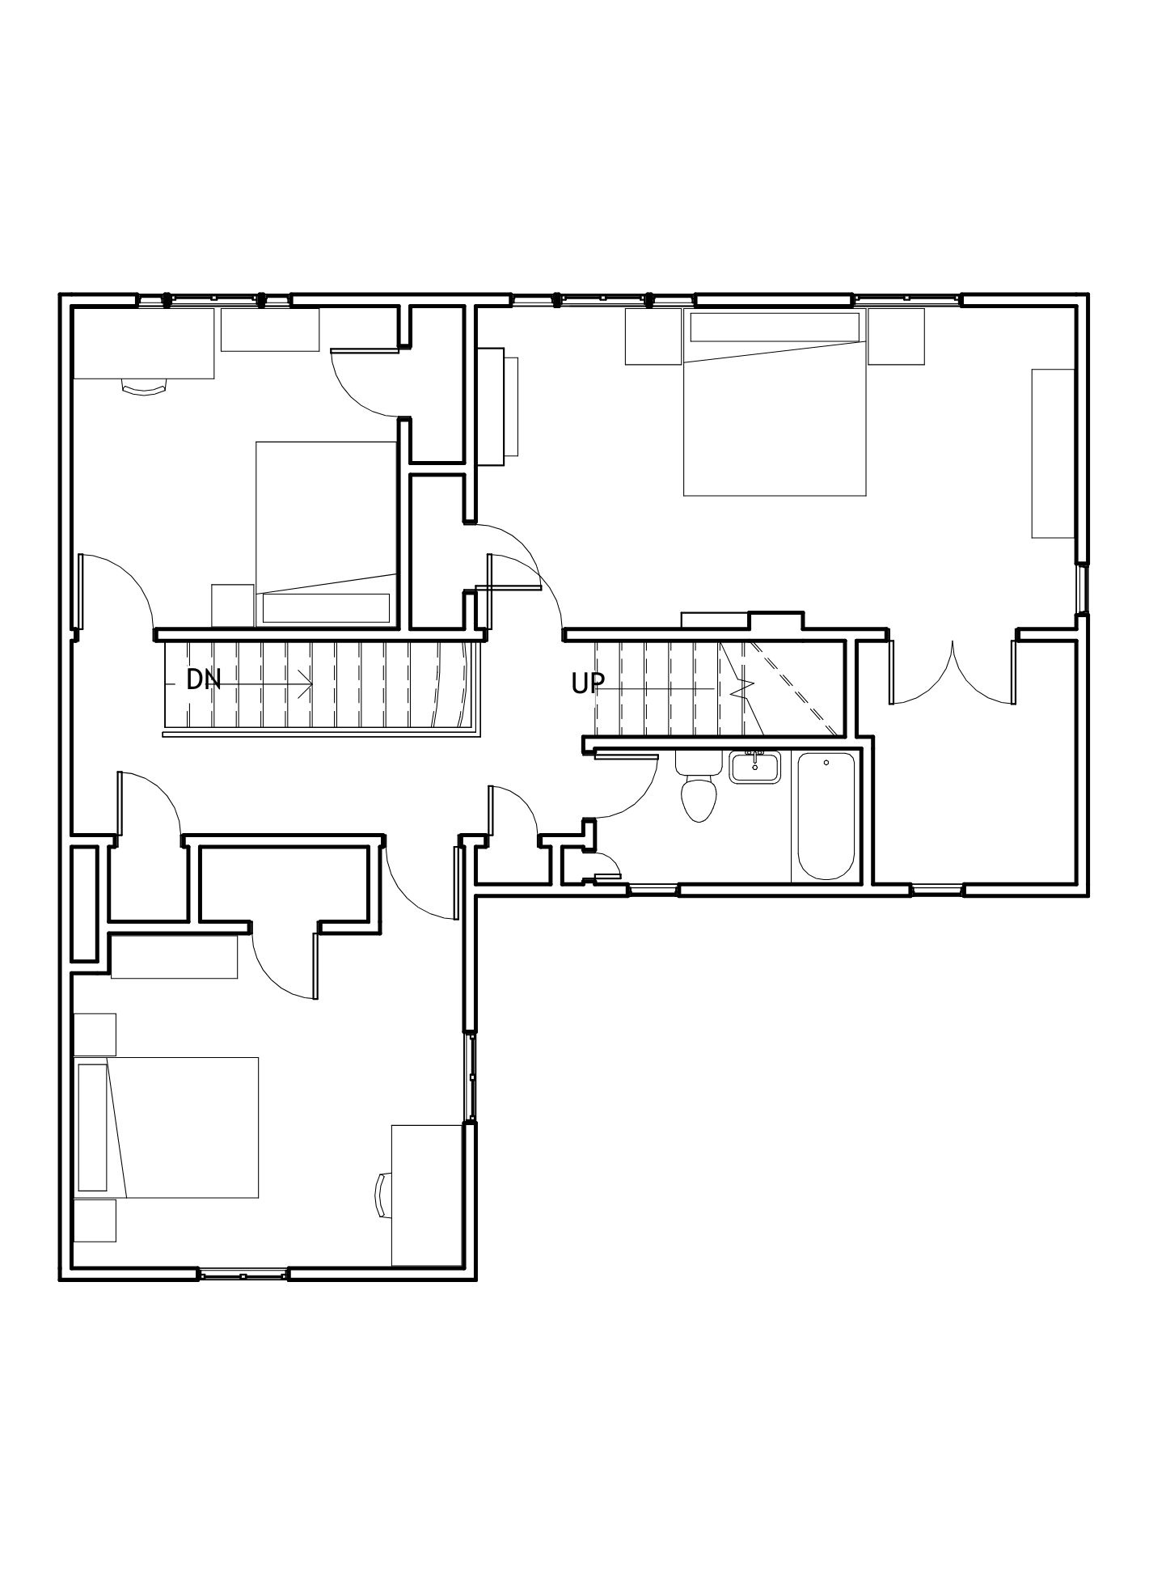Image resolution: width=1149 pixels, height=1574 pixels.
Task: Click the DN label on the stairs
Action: coord(203,679)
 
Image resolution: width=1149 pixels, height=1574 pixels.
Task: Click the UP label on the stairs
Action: coord(587,684)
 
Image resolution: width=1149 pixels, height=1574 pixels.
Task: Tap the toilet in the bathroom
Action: coord(698,786)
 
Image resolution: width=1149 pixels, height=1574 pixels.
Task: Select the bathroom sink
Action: coord(754,767)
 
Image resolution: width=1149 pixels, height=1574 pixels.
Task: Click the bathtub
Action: coord(826,815)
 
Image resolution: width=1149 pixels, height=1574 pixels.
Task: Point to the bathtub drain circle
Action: coord(826,762)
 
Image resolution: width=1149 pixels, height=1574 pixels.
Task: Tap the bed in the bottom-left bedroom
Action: coord(167,1127)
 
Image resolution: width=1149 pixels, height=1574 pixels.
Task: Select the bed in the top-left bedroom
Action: coord(326,534)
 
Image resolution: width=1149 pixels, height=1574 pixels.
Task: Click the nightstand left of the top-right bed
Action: coord(653,336)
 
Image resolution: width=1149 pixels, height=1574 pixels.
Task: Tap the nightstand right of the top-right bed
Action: coord(896,336)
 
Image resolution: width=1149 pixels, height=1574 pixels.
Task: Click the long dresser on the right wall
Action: coord(1053,453)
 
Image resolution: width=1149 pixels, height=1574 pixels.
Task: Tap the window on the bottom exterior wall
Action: coord(243,1275)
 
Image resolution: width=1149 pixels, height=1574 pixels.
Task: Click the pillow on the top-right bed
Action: coord(774,328)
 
